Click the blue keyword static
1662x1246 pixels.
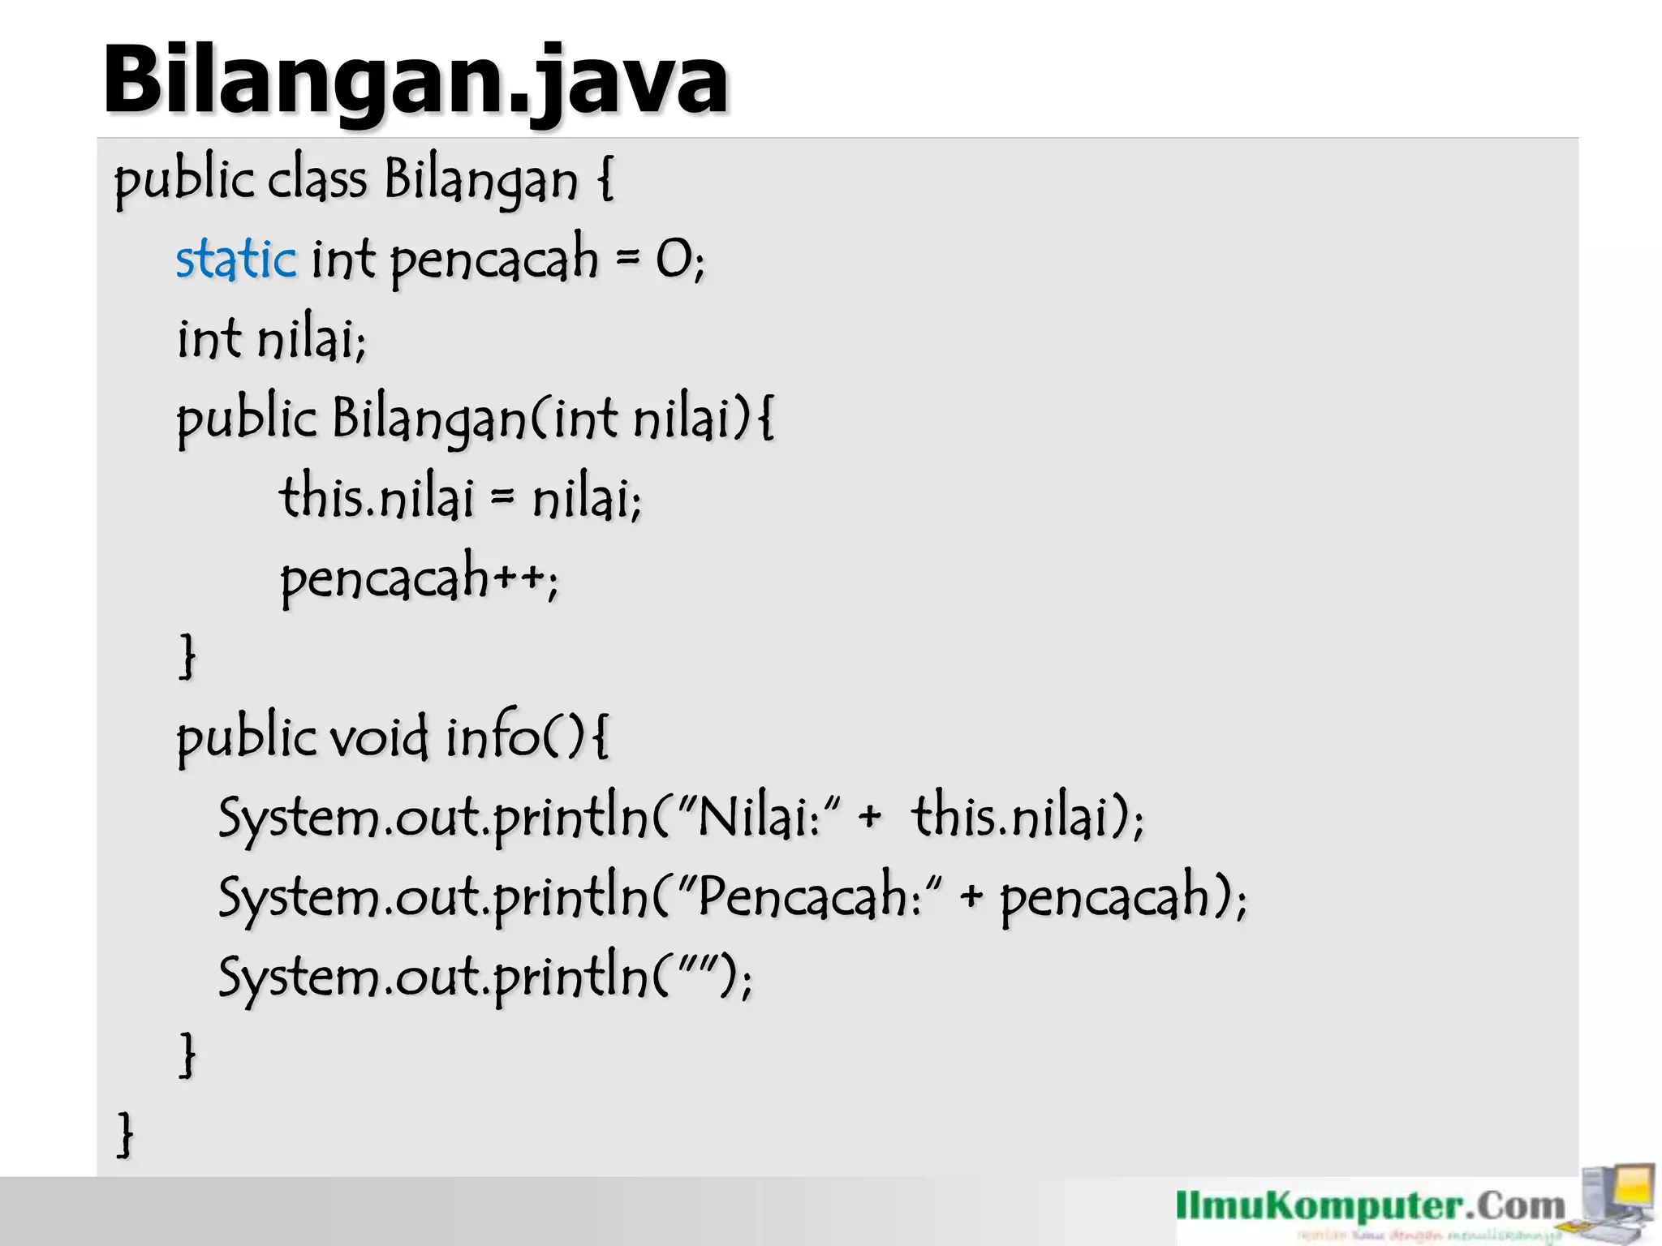[x=236, y=260]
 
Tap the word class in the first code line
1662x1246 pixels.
[x=317, y=180]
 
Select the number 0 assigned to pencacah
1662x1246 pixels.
[x=673, y=260]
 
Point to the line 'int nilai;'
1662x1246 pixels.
[x=272, y=339]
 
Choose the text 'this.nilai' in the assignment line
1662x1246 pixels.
[x=376, y=497]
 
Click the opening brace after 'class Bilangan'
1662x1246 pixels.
[x=605, y=180]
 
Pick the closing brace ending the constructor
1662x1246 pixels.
[x=187, y=656]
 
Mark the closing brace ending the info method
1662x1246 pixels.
[x=187, y=1055]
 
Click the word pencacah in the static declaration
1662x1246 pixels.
[x=493, y=260]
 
